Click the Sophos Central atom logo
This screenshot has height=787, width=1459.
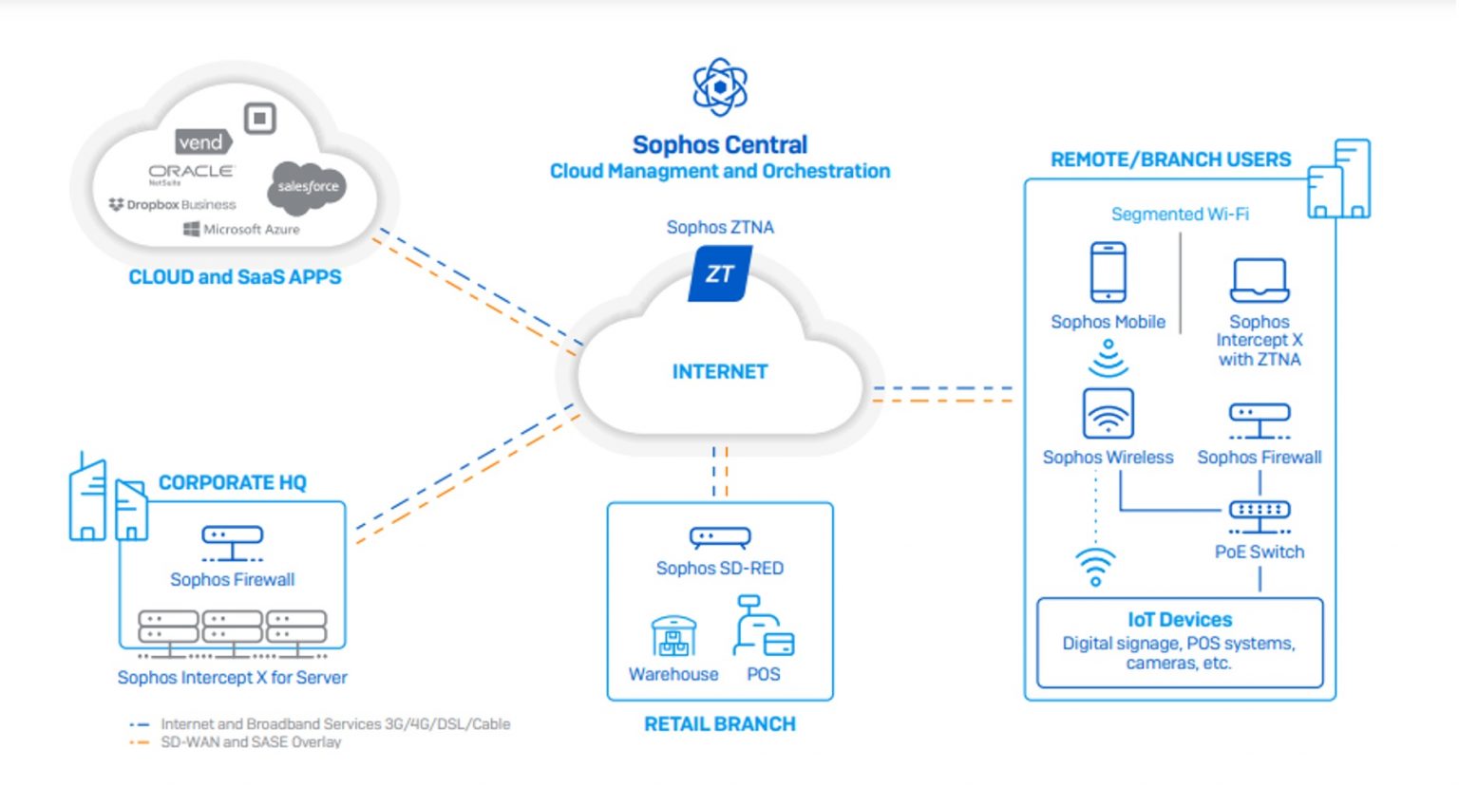pyautogui.click(x=720, y=86)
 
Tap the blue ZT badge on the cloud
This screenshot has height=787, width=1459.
pyautogui.click(x=720, y=274)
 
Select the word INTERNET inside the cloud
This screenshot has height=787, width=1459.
pyautogui.click(x=720, y=372)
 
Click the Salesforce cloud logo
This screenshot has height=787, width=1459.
pyautogui.click(x=308, y=186)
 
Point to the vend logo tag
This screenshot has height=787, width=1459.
pyautogui.click(x=202, y=142)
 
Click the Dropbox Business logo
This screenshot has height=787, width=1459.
pyautogui.click(x=172, y=205)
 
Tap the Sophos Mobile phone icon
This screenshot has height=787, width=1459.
pyautogui.click(x=1108, y=272)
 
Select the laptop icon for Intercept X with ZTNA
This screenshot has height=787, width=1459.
pyautogui.click(x=1259, y=280)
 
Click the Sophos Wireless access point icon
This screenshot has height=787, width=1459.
pyautogui.click(x=1108, y=414)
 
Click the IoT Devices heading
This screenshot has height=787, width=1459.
pyautogui.click(x=1180, y=620)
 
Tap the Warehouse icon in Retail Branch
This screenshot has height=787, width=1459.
pyautogui.click(x=673, y=636)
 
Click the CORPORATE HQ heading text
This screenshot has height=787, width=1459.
pyautogui.click(x=233, y=483)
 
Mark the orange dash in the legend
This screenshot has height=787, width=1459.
pyautogui.click(x=139, y=742)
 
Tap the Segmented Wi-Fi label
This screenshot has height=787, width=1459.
pyautogui.click(x=1180, y=215)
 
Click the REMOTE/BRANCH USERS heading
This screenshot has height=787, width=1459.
pyautogui.click(x=1170, y=159)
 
